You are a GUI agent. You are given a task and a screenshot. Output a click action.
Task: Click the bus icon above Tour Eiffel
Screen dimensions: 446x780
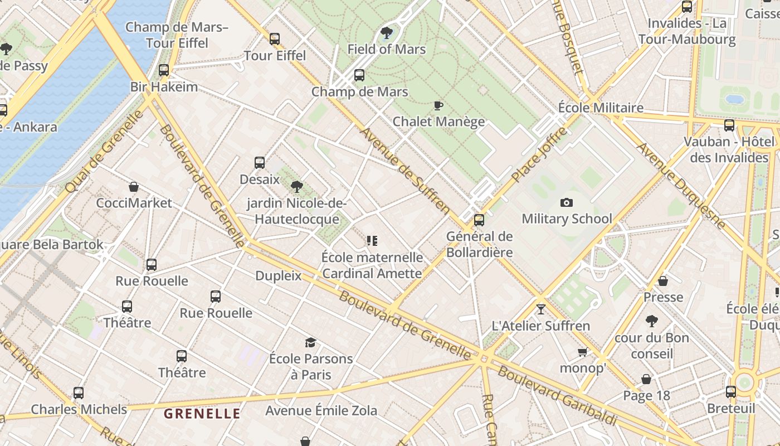pyautogui.click(x=275, y=39)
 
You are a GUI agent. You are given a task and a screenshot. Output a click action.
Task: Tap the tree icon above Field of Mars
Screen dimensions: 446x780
pyautogui.click(x=386, y=33)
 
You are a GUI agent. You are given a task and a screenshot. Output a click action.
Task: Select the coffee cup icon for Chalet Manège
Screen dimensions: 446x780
pyautogui.click(x=438, y=105)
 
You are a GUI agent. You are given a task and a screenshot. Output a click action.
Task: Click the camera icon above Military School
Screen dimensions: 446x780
pyautogui.click(x=567, y=203)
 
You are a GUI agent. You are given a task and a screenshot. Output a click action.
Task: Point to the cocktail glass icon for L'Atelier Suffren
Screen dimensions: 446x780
pyautogui.click(x=540, y=309)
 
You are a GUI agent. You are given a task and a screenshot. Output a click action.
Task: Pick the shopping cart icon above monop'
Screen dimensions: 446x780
pyautogui.click(x=582, y=352)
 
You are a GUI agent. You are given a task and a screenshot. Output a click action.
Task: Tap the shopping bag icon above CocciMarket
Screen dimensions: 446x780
pyautogui.click(x=134, y=187)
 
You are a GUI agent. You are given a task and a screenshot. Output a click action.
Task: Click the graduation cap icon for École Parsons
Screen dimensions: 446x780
pyautogui.click(x=310, y=342)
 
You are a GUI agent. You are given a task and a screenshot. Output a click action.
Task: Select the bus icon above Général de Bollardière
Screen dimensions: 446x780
pyautogui.click(x=479, y=220)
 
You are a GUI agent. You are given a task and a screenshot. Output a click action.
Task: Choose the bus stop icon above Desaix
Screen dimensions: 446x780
pyautogui.click(x=260, y=163)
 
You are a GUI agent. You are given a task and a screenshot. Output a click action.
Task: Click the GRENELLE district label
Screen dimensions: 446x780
pyautogui.click(x=202, y=414)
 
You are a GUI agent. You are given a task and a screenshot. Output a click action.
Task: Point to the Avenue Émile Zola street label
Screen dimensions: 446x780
pyautogui.click(x=321, y=411)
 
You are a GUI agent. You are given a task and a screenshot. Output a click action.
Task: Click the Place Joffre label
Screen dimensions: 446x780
pyautogui.click(x=539, y=155)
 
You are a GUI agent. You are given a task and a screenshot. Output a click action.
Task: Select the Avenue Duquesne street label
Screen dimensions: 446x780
pyautogui.click(x=681, y=186)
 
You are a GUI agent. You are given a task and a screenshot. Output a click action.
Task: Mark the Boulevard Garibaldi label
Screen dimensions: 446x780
pyautogui.click(x=557, y=395)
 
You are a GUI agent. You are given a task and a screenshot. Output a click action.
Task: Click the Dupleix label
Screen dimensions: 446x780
pyautogui.click(x=278, y=276)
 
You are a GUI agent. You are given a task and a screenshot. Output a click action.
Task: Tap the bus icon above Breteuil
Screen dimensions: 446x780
pyautogui.click(x=731, y=392)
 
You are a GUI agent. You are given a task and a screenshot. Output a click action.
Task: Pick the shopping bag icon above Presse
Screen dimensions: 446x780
pyautogui.click(x=663, y=281)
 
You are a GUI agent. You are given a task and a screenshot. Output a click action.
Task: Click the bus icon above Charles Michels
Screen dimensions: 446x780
pyautogui.click(x=79, y=393)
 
